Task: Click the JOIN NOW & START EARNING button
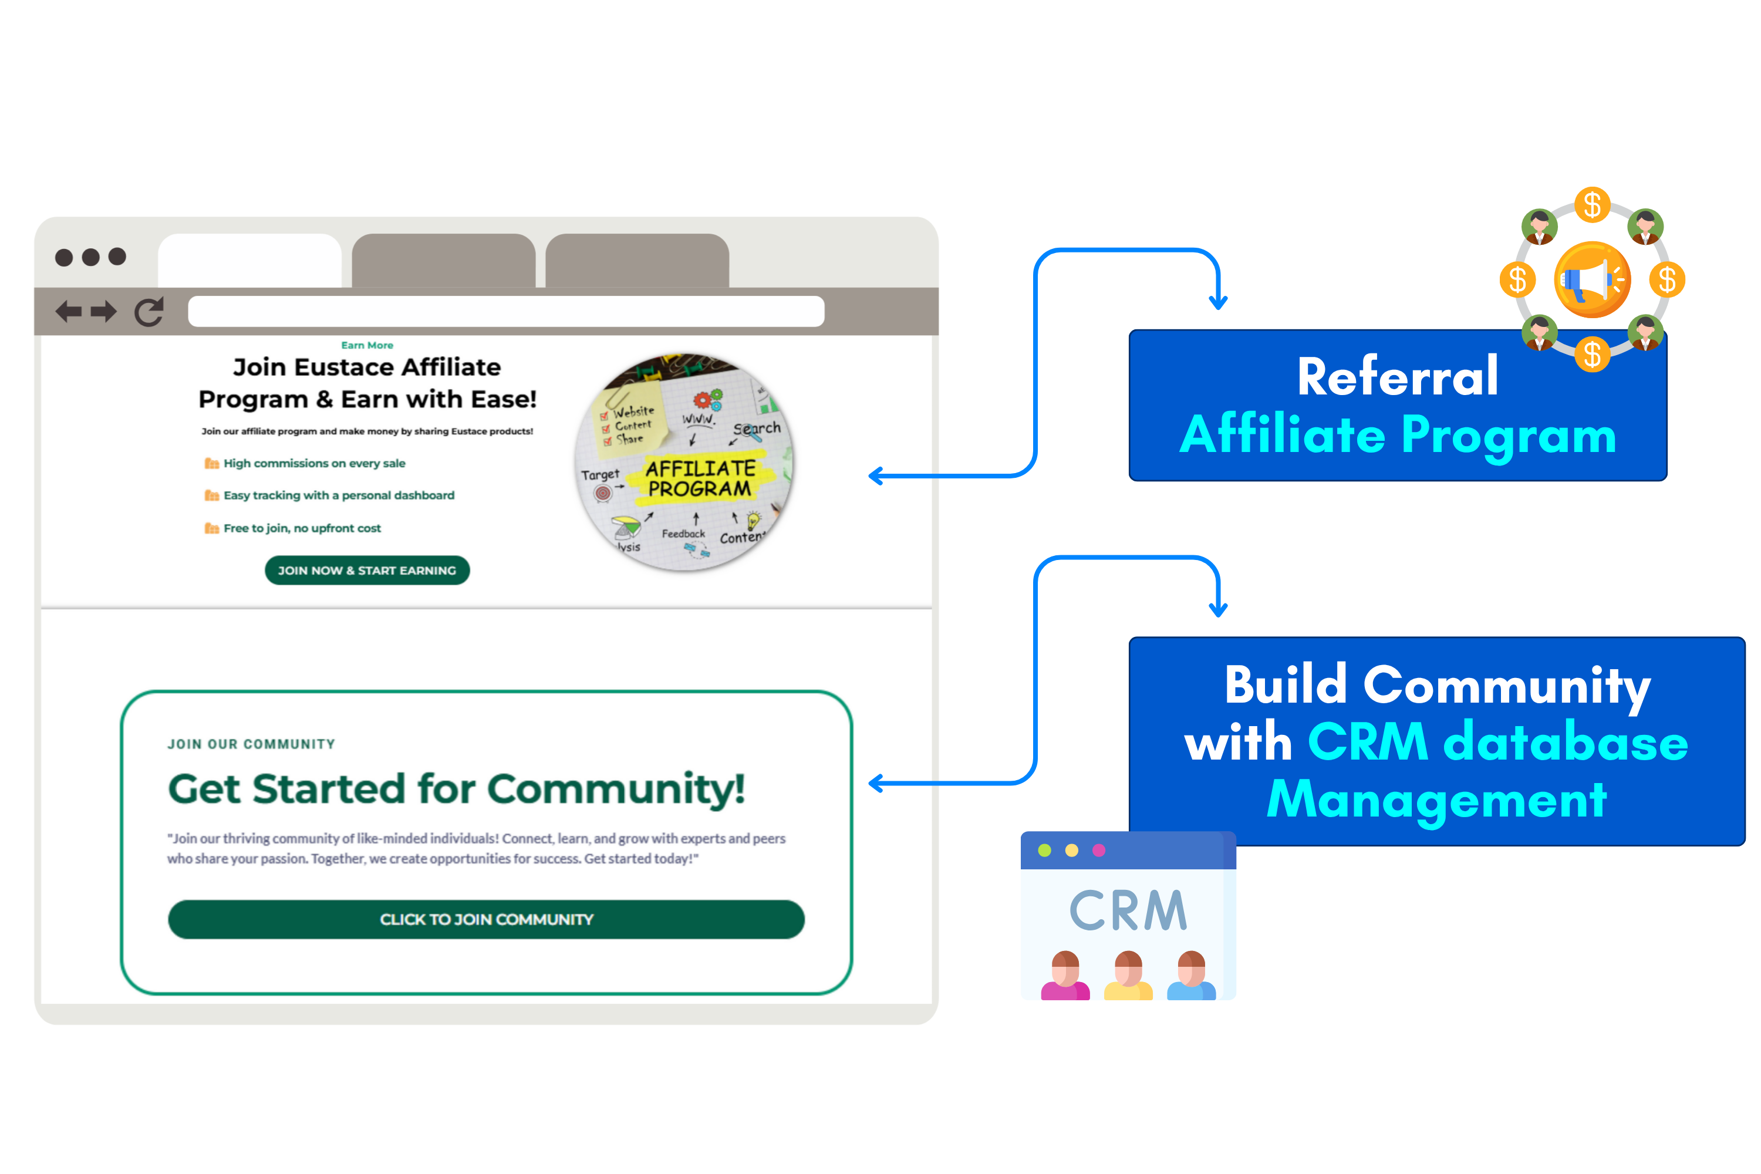pyautogui.click(x=367, y=571)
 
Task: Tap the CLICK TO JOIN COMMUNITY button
pyautogui.click(x=486, y=919)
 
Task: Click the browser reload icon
pyautogui.click(x=149, y=312)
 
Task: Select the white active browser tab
pyautogui.click(x=249, y=261)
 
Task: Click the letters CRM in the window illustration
pyautogui.click(x=1128, y=911)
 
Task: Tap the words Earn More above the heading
pyautogui.click(x=367, y=345)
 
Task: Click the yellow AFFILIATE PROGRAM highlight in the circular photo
pyautogui.click(x=700, y=478)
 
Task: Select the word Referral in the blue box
pyautogui.click(x=1397, y=377)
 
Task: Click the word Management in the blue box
pyautogui.click(x=1436, y=799)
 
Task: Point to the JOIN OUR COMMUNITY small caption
pyautogui.click(x=251, y=744)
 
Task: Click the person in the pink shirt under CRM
pyautogui.click(x=1065, y=976)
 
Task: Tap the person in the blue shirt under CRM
pyautogui.click(x=1190, y=976)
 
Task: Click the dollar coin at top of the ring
pyautogui.click(x=1592, y=204)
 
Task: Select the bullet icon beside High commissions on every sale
pyautogui.click(x=212, y=464)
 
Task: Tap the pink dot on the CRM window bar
pyautogui.click(x=1098, y=851)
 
